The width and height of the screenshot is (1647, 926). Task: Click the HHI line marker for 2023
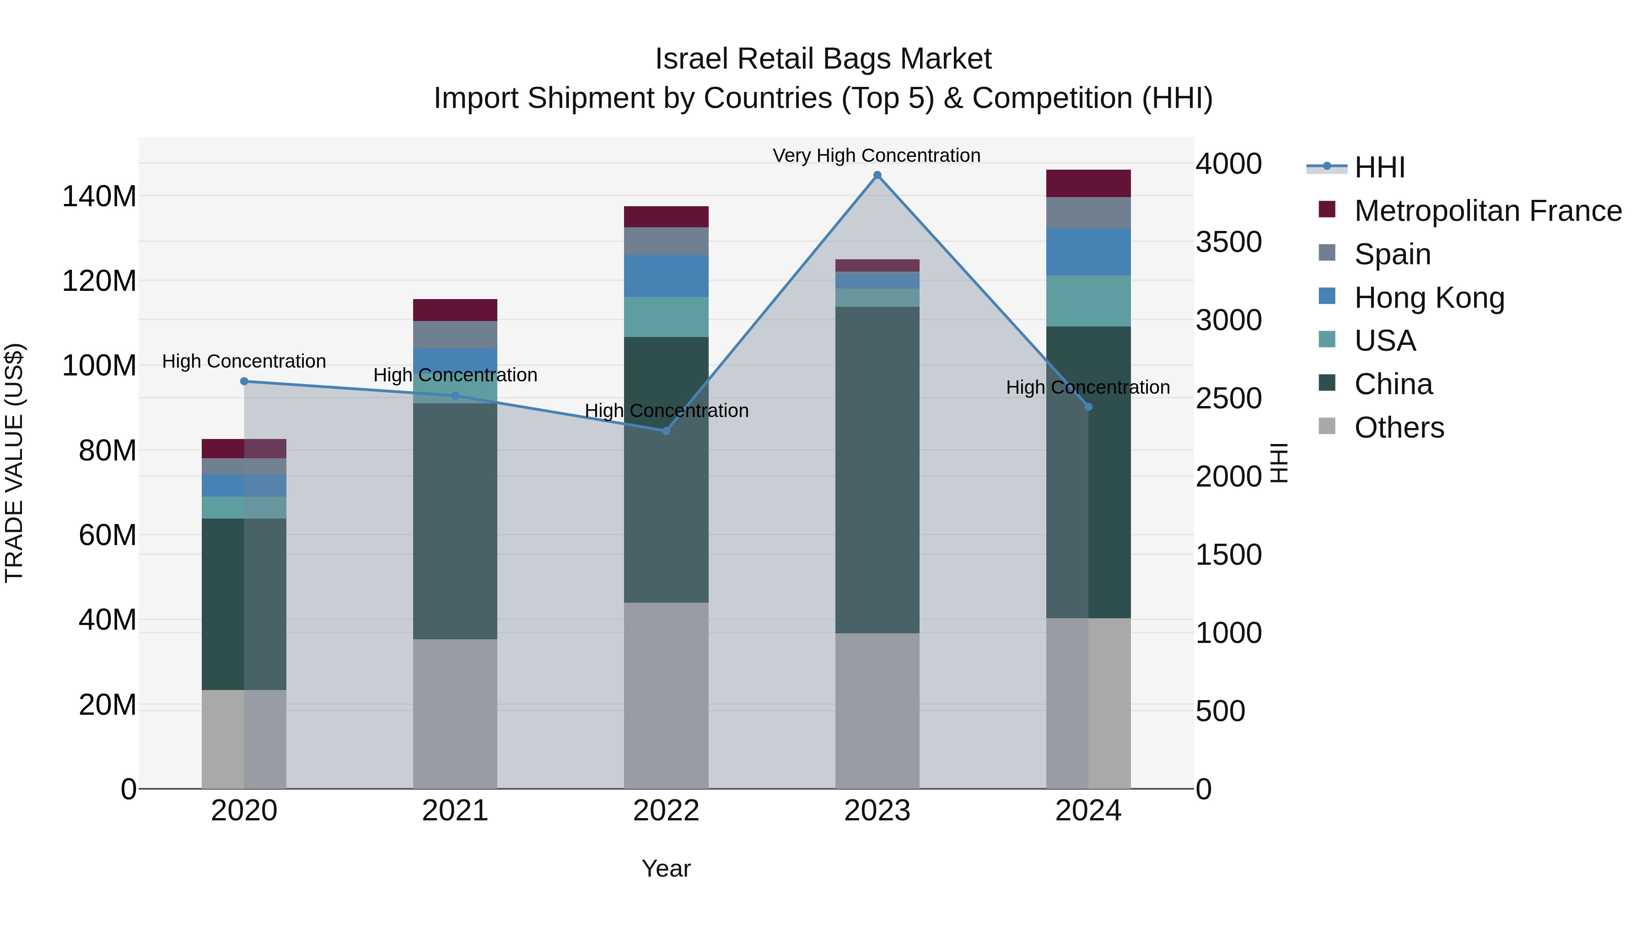point(877,175)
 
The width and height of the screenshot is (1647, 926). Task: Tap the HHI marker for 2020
point(244,381)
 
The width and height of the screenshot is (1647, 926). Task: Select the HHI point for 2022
point(666,431)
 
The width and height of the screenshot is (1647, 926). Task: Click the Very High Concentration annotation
point(876,155)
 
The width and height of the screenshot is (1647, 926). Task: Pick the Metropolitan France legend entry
point(1487,211)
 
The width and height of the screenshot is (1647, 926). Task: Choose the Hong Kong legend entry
point(1429,298)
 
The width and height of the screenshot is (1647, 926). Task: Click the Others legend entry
point(1399,428)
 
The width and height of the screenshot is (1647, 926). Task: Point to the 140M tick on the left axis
point(99,196)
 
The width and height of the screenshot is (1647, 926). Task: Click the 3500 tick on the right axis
point(1228,242)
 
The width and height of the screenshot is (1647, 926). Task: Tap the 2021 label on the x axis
point(455,811)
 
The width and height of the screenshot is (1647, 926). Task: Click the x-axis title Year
point(666,868)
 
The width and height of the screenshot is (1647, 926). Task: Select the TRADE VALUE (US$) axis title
point(14,463)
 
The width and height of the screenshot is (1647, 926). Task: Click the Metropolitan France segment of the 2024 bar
point(1088,183)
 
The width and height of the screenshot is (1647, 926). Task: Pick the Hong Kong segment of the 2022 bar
point(666,276)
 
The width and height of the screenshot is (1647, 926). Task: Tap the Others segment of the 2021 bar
point(455,714)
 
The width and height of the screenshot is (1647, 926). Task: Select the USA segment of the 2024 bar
point(1088,301)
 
